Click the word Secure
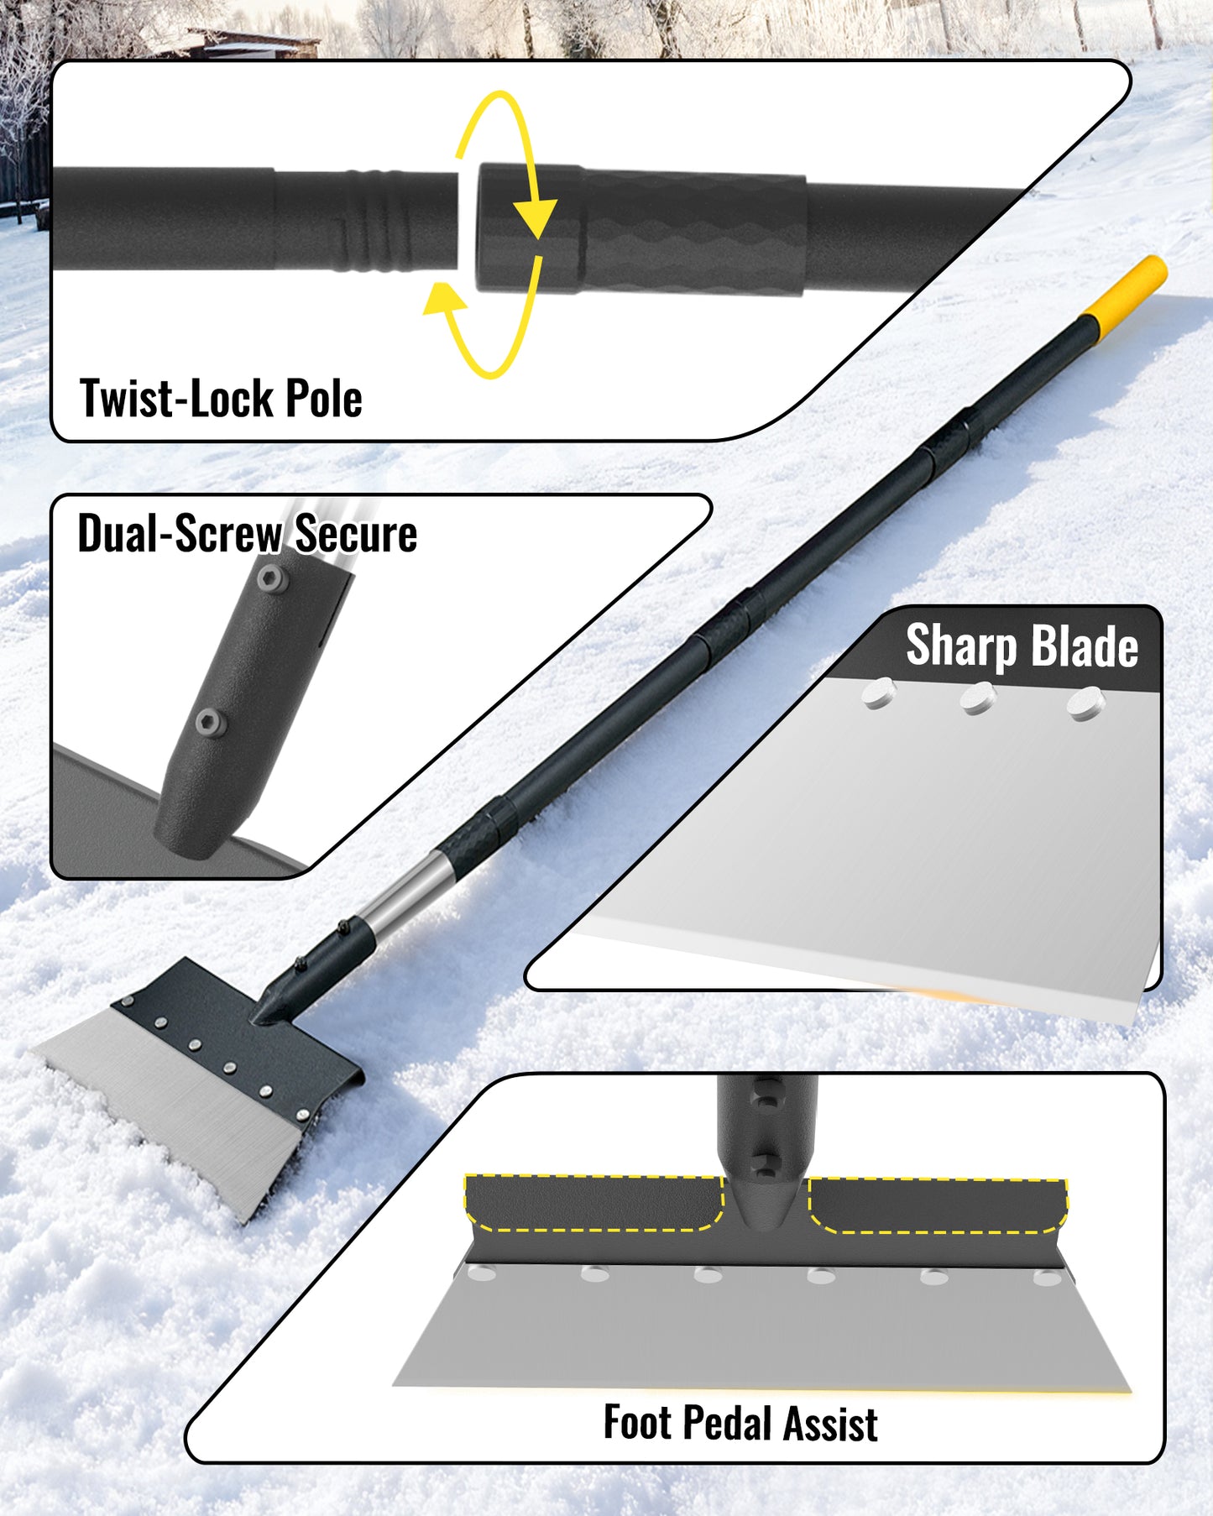(356, 534)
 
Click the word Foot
(637, 1424)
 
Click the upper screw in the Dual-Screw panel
(270, 577)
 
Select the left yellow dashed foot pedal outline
(593, 1202)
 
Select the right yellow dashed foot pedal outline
(937, 1205)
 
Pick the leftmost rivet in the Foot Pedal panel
(482, 1273)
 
